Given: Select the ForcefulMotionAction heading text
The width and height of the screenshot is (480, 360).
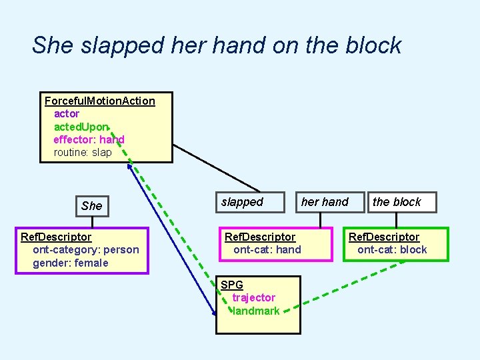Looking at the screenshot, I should pyautogui.click(x=99, y=101).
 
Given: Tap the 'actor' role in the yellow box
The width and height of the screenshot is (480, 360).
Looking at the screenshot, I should pyautogui.click(x=67, y=114).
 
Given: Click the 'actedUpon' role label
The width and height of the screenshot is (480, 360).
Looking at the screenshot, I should pyautogui.click(x=81, y=127).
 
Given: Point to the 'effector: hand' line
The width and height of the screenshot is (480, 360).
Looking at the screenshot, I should pyautogui.click(x=89, y=139).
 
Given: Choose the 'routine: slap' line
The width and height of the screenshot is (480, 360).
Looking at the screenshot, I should pyautogui.click(x=83, y=152).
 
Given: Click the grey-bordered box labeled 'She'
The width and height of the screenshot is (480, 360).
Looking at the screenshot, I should pyautogui.click(x=91, y=205).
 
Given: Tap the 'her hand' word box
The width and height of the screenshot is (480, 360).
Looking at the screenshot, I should pyautogui.click(x=325, y=202).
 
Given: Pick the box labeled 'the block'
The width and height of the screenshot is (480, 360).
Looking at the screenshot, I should pyautogui.click(x=397, y=202).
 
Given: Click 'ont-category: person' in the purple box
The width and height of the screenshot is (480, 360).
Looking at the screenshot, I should pyautogui.click(x=86, y=250).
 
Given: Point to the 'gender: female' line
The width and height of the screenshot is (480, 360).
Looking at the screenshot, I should pyautogui.click(x=71, y=263).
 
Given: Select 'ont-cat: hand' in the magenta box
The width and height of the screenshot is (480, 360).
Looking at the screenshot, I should pyautogui.click(x=267, y=250).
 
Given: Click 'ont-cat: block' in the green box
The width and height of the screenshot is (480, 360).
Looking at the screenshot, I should pyautogui.click(x=392, y=250).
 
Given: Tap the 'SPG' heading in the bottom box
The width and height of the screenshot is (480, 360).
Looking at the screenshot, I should pyautogui.click(x=232, y=285).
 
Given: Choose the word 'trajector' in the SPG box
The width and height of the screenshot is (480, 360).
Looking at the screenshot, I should pyautogui.click(x=253, y=297).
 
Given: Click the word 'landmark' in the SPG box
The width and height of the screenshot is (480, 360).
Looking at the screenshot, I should pyautogui.click(x=256, y=311).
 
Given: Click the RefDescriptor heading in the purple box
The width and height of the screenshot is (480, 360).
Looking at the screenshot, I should pyautogui.click(x=56, y=237).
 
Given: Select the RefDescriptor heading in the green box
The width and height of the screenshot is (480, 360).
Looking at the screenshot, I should pyautogui.click(x=384, y=237).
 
